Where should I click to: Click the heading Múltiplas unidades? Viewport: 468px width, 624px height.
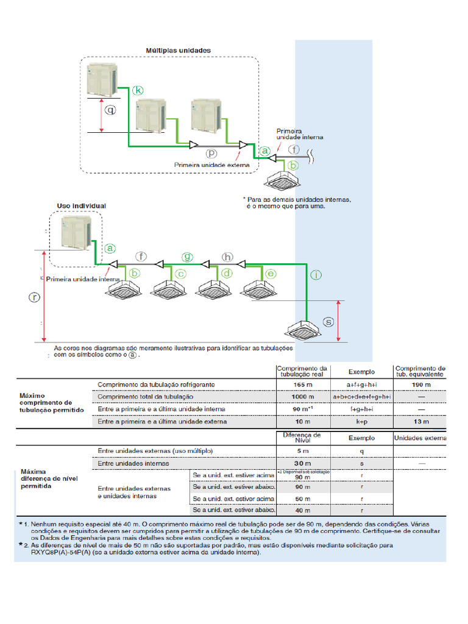point(178,50)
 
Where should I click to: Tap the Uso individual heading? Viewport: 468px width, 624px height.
point(81,206)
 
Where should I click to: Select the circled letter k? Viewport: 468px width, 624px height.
point(138,90)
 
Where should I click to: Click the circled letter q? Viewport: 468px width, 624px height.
point(110,110)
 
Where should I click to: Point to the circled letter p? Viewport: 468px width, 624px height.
point(211,154)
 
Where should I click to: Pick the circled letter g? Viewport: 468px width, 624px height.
point(188,257)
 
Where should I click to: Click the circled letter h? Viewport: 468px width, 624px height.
point(227,257)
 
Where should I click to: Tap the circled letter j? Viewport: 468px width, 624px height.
point(315,275)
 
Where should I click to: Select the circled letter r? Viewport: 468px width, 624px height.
point(35,297)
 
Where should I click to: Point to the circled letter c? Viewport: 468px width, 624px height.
point(180,274)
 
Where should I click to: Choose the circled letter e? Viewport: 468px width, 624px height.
point(271,274)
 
